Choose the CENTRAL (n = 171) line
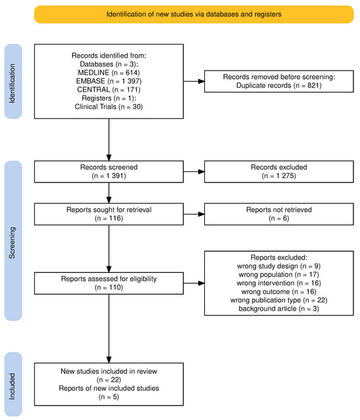pos(109,95)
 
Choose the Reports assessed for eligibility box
pos(109,282)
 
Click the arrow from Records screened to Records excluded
pos(194,173)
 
